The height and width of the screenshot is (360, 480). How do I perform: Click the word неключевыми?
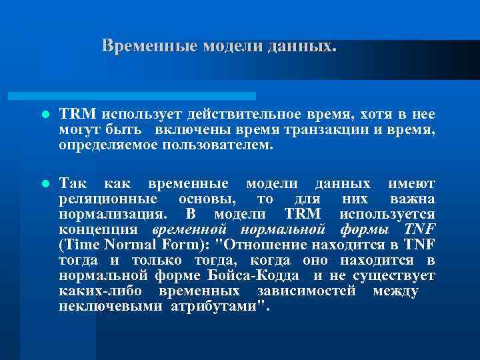point(107,307)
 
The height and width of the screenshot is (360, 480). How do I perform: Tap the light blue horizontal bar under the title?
point(147,96)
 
